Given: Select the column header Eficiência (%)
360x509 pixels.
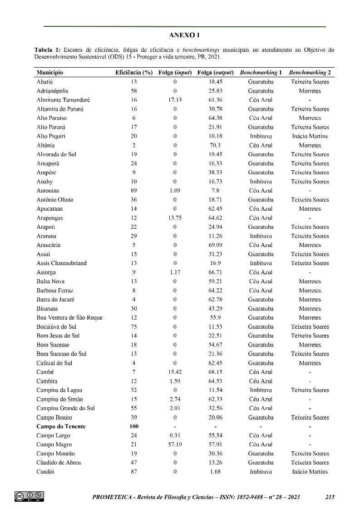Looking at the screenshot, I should point(133,73).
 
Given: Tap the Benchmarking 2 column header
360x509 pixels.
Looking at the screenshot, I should point(310,73).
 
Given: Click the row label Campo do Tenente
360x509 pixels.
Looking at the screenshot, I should point(61,426).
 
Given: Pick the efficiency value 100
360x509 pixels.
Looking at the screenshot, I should point(134,426).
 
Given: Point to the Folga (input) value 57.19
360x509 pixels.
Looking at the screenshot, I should point(175,445).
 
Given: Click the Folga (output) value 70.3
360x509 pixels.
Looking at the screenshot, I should point(215,145).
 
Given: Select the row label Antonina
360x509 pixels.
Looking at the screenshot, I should point(48,191).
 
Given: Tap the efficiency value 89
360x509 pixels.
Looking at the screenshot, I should point(134,191).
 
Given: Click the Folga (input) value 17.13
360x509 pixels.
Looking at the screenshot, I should point(175,100).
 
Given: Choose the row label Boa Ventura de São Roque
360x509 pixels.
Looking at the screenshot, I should point(69,318).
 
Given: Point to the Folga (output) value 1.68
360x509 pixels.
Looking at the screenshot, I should point(215,472).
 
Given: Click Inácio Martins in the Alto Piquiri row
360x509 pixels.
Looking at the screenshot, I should point(310,136).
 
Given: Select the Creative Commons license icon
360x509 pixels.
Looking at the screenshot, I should point(29,496).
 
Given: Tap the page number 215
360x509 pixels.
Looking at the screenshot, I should point(330,497).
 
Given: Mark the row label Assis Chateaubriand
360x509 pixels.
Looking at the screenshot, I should point(61,263).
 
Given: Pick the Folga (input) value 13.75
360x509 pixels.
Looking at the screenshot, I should point(175,218).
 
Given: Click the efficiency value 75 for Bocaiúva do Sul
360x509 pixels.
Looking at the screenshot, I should point(134,327).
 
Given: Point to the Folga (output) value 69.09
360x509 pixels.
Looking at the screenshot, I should point(215,245).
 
